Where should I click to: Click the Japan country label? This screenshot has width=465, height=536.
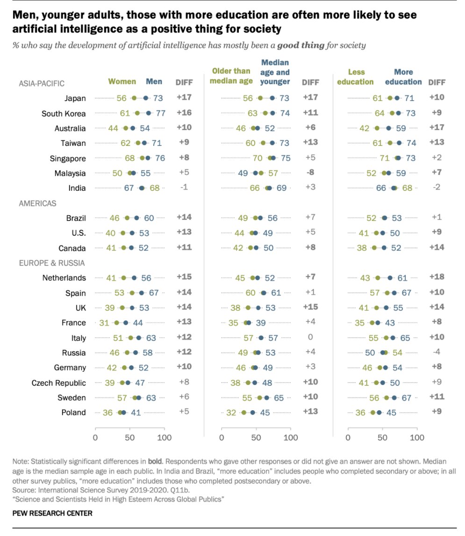pyautogui.click(x=75, y=98)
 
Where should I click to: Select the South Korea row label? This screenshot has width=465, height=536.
pyautogui.click(x=64, y=114)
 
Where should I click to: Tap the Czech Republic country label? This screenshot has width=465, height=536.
pyautogui.click(x=58, y=383)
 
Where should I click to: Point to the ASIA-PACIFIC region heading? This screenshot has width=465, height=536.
pyautogui.click(x=42, y=84)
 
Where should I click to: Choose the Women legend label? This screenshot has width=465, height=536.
pyautogui.click(x=122, y=81)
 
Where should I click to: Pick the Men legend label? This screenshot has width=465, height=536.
pyautogui.click(x=154, y=81)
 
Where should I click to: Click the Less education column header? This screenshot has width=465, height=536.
pyautogui.click(x=360, y=77)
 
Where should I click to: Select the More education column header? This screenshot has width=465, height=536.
pyautogui.click(x=403, y=77)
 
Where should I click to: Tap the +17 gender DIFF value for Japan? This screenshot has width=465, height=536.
pyautogui.click(x=184, y=98)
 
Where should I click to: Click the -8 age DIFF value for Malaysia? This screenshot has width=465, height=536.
pyautogui.click(x=310, y=173)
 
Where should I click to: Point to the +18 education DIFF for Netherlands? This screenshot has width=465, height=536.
pyautogui.click(x=437, y=277)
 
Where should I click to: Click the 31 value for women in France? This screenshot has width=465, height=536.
pyautogui.click(x=104, y=323)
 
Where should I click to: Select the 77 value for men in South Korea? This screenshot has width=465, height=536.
pyautogui.click(x=160, y=113)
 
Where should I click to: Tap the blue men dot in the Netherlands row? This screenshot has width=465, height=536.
pyautogui.click(x=134, y=278)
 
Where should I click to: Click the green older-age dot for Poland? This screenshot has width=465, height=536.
pyautogui.click(x=243, y=413)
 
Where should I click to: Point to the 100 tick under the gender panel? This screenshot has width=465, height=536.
pyautogui.click(x=164, y=438)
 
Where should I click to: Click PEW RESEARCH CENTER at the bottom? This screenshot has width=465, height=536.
pyautogui.click(x=52, y=513)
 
